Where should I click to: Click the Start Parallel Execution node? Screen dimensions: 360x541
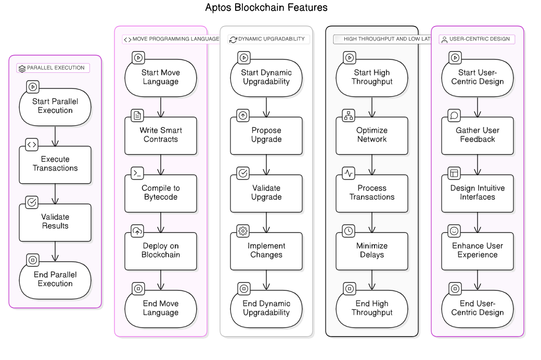(x=55, y=106)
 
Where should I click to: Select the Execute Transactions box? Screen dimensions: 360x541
(x=55, y=164)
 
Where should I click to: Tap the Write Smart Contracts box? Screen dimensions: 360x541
(x=161, y=135)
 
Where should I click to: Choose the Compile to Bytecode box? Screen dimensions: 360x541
(x=161, y=193)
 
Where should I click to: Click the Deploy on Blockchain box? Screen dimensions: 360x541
(x=161, y=251)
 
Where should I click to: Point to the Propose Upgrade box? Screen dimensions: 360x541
(x=266, y=135)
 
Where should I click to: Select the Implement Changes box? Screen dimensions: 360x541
(x=266, y=251)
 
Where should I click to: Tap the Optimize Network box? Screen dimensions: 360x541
(x=372, y=135)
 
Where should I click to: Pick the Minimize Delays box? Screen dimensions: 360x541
(x=372, y=251)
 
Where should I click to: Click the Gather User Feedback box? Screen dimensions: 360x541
(x=478, y=135)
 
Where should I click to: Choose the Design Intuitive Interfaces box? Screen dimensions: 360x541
(x=478, y=193)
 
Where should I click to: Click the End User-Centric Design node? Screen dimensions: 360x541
(x=478, y=308)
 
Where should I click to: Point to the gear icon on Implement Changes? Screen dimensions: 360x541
(x=243, y=230)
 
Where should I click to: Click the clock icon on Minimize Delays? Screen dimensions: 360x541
(x=349, y=230)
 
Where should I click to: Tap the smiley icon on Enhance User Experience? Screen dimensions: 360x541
(x=454, y=230)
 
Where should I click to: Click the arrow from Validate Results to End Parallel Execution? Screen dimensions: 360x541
(x=55, y=251)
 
